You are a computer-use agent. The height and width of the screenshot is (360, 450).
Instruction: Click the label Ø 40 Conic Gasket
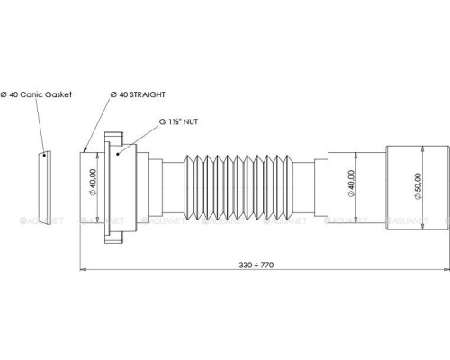tap(36, 94)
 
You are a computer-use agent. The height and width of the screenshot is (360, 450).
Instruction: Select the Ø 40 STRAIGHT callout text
tap(139, 94)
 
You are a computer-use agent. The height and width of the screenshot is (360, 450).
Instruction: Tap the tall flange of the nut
tap(108, 190)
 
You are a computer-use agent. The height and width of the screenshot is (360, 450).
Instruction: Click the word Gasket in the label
tap(57, 94)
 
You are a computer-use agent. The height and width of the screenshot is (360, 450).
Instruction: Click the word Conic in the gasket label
tap(31, 94)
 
